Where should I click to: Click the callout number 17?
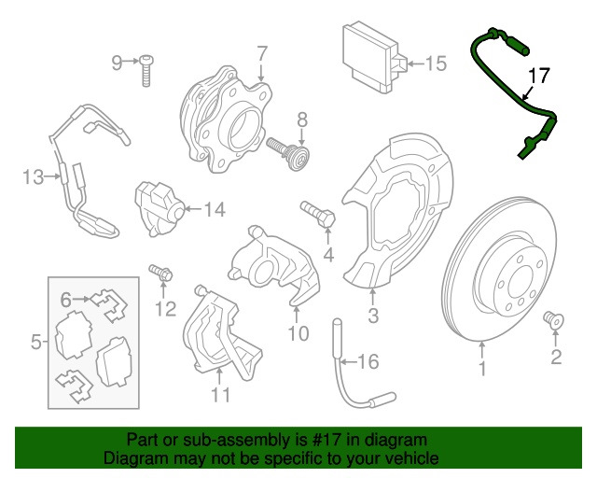(539, 77)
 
